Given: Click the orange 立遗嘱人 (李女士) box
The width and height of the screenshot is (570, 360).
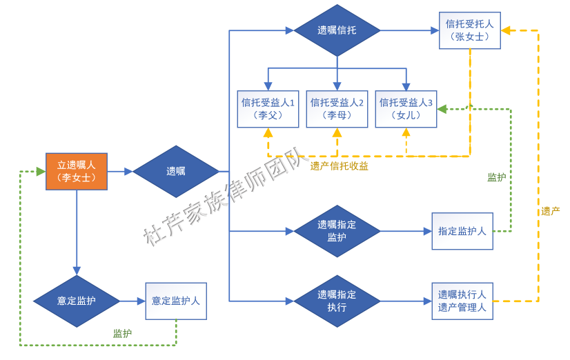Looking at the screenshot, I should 76,171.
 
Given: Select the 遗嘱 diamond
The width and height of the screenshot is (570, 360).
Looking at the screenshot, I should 175,171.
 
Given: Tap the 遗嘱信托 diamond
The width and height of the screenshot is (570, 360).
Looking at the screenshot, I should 337,30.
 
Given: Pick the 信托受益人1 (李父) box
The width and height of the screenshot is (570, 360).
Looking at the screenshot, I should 268,108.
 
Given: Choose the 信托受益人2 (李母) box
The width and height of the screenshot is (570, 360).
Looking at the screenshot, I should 337,108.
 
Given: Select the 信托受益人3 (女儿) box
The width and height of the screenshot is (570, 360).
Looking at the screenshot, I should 406,108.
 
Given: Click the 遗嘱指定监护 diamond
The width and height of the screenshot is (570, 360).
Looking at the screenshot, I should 337,231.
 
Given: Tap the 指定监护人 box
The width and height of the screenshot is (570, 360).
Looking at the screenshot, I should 462,231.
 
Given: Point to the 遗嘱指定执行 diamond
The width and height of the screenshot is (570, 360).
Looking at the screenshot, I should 337,301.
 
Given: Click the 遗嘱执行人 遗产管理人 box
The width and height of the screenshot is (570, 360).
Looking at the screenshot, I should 462,301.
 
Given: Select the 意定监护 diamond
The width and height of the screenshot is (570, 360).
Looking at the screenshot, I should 76,301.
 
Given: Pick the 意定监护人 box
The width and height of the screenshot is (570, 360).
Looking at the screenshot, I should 175,301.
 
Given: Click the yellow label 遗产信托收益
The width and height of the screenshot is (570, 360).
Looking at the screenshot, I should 339,166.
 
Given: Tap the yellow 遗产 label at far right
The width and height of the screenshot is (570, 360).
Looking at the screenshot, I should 550,211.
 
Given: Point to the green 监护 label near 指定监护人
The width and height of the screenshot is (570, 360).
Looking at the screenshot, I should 496,177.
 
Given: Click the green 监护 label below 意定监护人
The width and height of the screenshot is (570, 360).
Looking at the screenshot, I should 122,333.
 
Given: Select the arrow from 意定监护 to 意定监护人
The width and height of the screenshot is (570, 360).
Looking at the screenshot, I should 132,301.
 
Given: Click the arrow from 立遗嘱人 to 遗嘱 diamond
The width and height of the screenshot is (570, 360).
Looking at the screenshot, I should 119,171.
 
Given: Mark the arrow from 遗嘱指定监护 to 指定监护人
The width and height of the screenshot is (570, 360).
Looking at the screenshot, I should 406,231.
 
